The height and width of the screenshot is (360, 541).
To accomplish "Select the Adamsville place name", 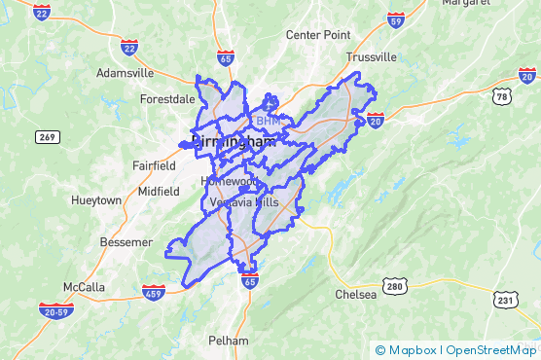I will [125, 73].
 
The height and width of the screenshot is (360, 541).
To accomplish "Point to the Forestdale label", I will [167, 98].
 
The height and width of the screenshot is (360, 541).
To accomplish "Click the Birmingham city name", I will [234, 142].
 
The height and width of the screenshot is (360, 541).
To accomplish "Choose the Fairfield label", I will [154, 165].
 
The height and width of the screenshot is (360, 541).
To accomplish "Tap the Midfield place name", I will [159, 192].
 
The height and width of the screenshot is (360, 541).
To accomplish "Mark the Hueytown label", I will [96, 199].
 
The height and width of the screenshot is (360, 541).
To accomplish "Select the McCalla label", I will [85, 287].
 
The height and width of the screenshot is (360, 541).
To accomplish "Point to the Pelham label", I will [229, 341].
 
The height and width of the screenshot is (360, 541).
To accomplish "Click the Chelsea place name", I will [355, 294].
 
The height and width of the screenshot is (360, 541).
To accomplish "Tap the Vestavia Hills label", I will [239, 202].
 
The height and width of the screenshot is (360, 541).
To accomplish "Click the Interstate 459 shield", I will [153, 292].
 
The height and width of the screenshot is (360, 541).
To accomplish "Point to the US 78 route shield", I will [501, 96].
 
